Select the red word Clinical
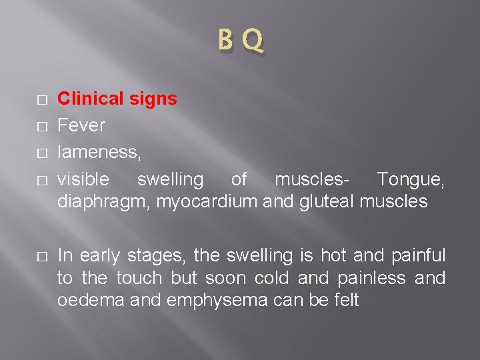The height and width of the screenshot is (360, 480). pyautogui.click(x=90, y=99)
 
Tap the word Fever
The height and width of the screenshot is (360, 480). pyautogui.click(x=81, y=125)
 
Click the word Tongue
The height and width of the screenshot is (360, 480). pyautogui.click(x=409, y=179)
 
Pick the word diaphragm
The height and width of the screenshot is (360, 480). pyautogui.click(x=103, y=201)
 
